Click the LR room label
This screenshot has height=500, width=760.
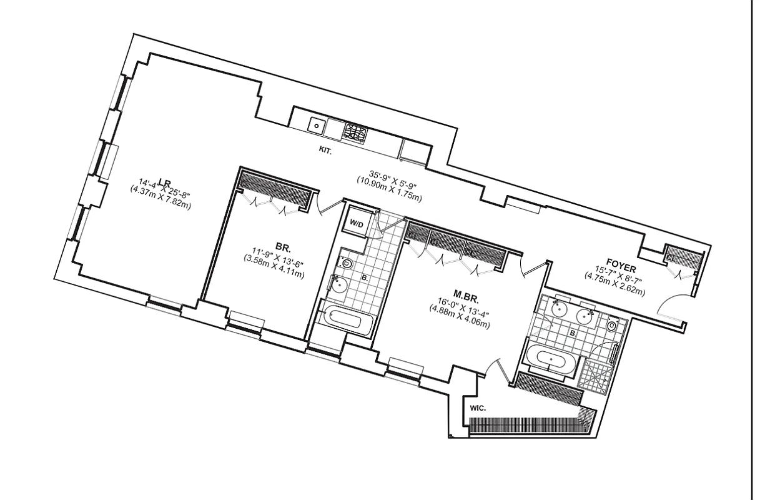(165, 182)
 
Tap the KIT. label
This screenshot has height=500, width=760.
(325, 151)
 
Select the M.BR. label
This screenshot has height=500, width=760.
(466, 294)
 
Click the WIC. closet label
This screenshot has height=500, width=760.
(478, 408)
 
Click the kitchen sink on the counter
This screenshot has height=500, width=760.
(317, 126)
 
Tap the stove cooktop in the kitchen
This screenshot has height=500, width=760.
(355, 133)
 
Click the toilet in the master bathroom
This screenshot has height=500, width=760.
(611, 326)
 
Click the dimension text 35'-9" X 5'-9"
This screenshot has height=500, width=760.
(388, 177)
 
